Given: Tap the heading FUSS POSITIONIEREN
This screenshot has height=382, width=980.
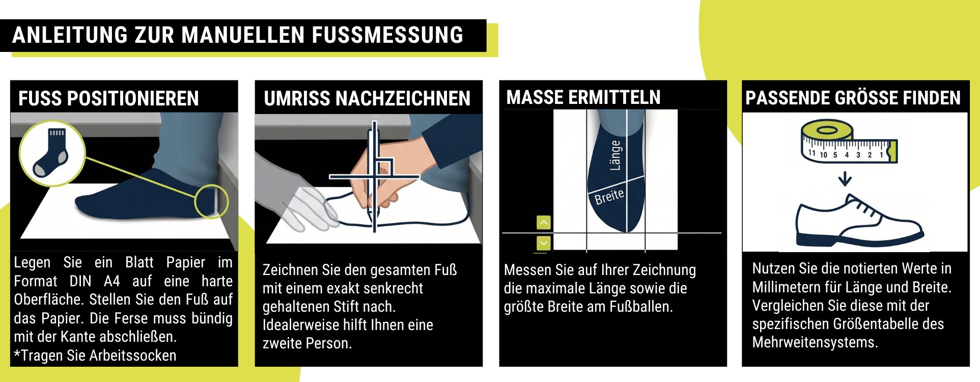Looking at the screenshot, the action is pyautogui.click(x=108, y=98).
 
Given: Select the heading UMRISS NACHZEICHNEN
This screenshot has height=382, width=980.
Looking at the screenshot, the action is pyautogui.click(x=367, y=98).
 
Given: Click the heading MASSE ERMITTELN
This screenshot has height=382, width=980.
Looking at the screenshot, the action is pyautogui.click(x=583, y=97).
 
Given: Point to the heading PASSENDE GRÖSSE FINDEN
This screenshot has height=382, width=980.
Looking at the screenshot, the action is pyautogui.click(x=853, y=97).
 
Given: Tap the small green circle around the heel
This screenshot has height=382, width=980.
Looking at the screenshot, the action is pyautogui.click(x=212, y=201).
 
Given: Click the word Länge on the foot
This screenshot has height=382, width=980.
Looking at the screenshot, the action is pyautogui.click(x=615, y=155).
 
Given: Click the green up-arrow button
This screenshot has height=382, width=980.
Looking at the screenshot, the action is pyautogui.click(x=544, y=223).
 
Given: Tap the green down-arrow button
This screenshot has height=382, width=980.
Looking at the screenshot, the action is pyautogui.click(x=544, y=243).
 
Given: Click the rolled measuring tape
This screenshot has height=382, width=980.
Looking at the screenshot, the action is pyautogui.click(x=849, y=142).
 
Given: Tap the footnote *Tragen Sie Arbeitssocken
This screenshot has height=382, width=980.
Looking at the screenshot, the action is pyautogui.click(x=95, y=356).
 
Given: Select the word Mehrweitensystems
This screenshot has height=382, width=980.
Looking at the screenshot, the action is pyautogui.click(x=815, y=342).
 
